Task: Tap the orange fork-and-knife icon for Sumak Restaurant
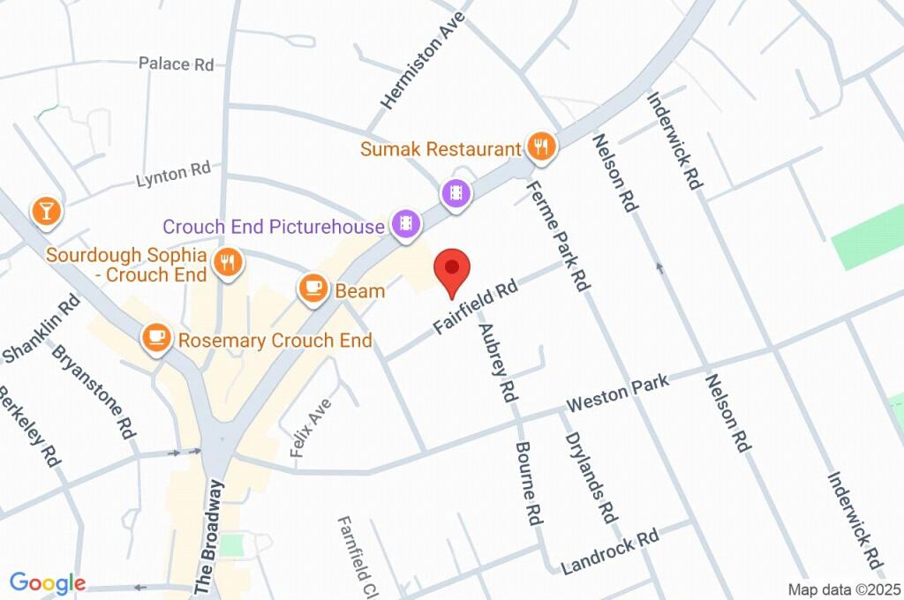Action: pos(540,147)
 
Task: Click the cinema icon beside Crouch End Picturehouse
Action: pos(404,225)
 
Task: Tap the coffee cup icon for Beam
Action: pos(312,289)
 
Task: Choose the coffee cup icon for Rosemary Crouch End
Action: pos(156,339)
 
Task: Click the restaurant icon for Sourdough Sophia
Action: pos(229,262)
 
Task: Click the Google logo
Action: pos(47,582)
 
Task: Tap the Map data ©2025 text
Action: pos(843,589)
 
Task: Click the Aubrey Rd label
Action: pos(495,363)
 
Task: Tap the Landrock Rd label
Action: pos(609,551)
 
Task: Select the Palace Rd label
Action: pos(177,64)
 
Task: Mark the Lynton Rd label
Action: pos(173,174)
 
